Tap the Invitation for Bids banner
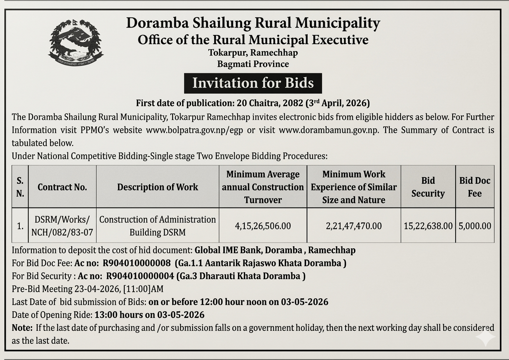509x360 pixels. tap(253, 83)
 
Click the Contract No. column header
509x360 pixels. tap(62, 187)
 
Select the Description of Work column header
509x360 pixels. tap(158, 187)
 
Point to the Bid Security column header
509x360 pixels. tap(428, 187)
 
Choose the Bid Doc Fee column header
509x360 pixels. tap(475, 187)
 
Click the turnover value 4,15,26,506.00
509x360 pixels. tap(263, 226)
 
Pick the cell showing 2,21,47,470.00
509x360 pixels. tap(354, 226)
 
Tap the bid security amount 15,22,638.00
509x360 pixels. tap(428, 226)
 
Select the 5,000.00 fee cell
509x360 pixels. tap(475, 226)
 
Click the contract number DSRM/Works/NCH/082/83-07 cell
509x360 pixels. tap(62, 226)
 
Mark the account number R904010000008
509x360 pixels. tap(137, 263)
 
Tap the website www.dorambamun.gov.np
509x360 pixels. tap(329, 130)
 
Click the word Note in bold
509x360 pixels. tap(22, 327)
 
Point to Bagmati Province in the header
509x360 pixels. tap(253, 64)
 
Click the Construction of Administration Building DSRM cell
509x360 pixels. tap(158, 226)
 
